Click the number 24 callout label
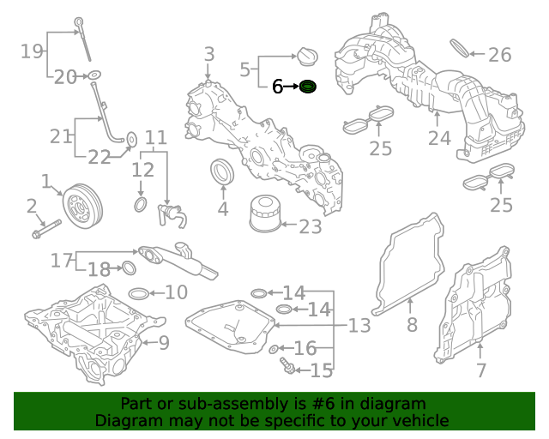coord(439,138)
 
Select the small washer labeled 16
coord(273,350)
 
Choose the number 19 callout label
coord(32,51)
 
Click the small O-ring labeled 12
coord(141,206)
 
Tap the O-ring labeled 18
coord(129,268)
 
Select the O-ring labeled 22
coord(131,140)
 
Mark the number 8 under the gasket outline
coord(412,325)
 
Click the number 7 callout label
coord(480,370)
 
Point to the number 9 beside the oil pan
coord(163,344)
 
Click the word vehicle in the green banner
coord(420,420)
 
